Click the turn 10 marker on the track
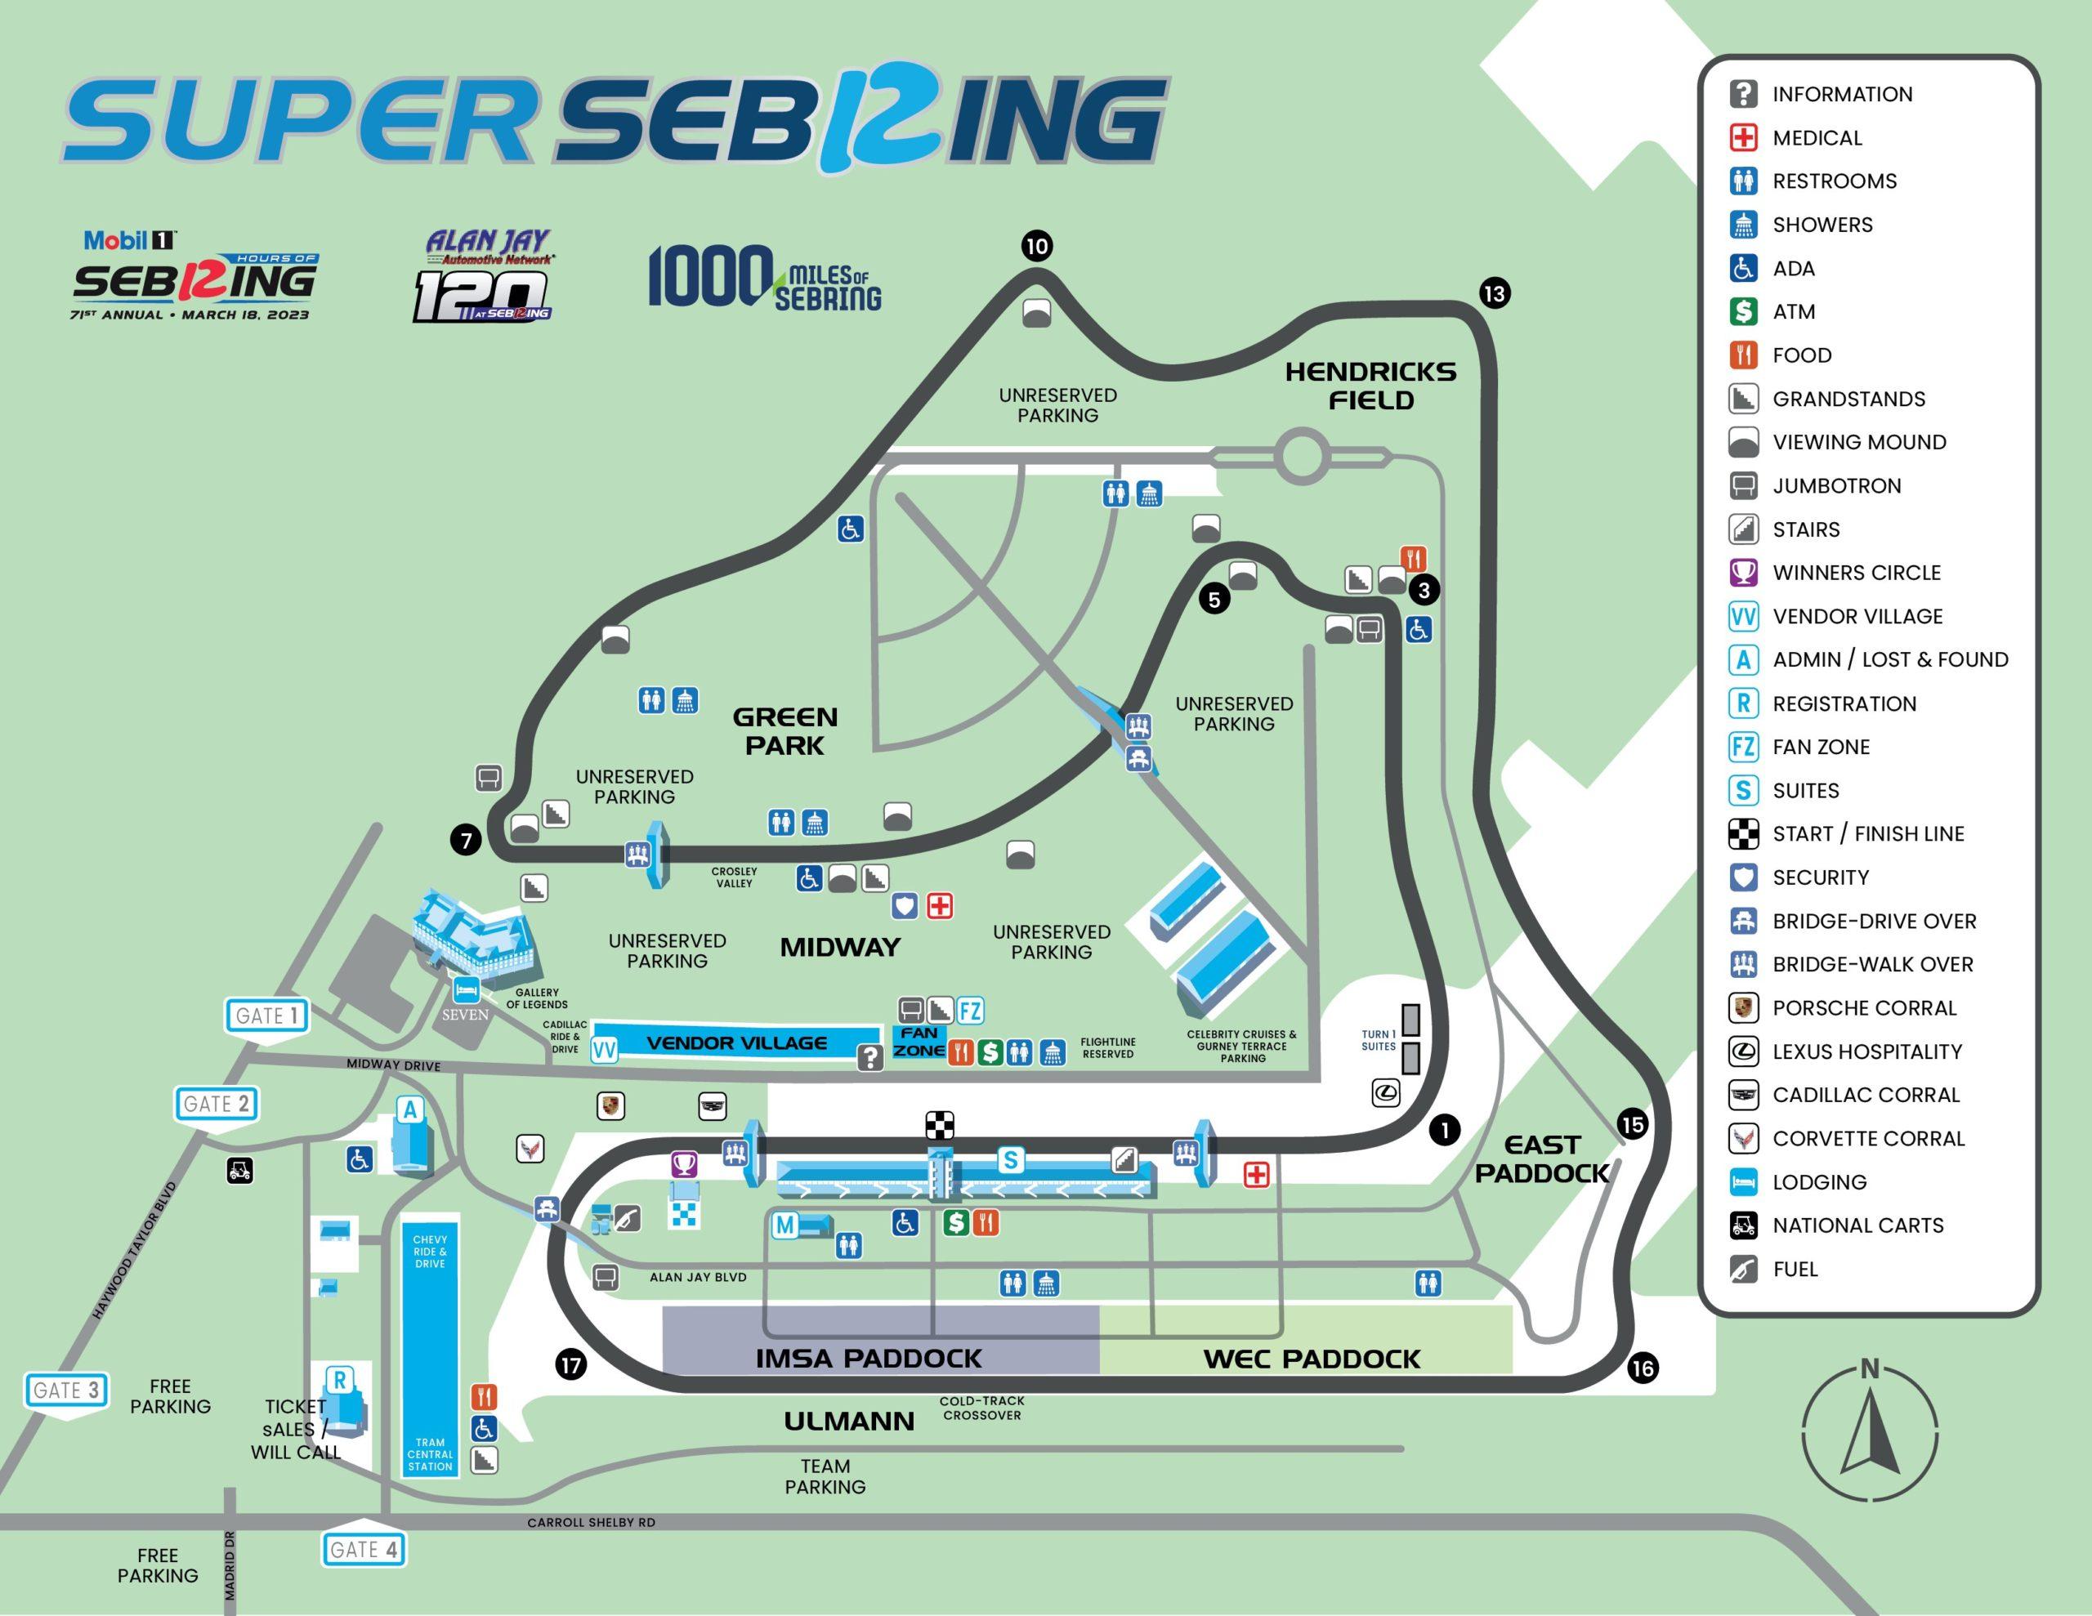tap(1036, 246)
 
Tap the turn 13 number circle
tap(1495, 292)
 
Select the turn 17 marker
tap(571, 1364)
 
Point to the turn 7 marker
tap(466, 841)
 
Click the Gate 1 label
tap(267, 1016)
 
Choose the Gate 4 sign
tap(364, 1549)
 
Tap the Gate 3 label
tap(66, 1390)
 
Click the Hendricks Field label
tap(1370, 386)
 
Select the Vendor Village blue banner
tap(735, 1043)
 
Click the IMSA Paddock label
tap(869, 1359)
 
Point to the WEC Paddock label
tap(1312, 1359)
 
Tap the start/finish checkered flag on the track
tap(940, 1126)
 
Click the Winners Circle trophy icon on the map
tap(684, 1164)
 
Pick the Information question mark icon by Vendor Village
tap(869, 1057)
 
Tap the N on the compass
tap(1869, 1370)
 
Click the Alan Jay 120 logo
tap(486, 276)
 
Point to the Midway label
tap(840, 948)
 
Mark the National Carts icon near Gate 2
tap(240, 1170)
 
